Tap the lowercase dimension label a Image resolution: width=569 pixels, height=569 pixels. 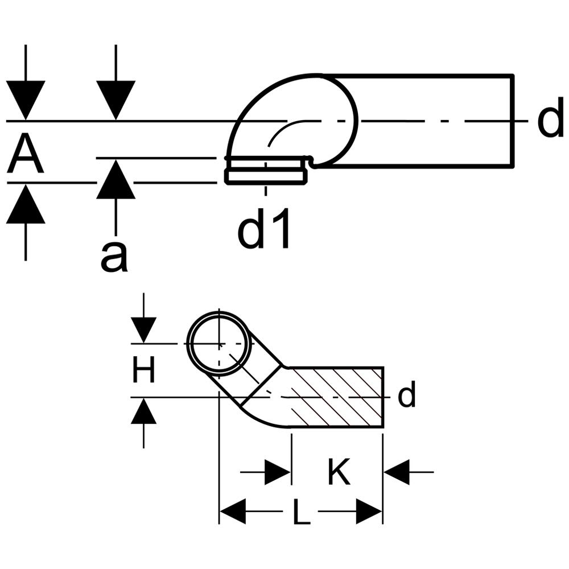point(114,257)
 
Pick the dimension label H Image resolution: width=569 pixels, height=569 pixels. point(143,371)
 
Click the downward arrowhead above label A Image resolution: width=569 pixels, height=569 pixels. point(26,100)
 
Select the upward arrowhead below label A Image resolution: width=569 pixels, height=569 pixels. point(26,204)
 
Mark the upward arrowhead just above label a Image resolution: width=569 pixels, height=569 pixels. point(116,179)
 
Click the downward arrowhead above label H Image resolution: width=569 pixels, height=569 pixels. point(143,330)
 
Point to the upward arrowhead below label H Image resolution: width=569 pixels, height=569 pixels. point(143,411)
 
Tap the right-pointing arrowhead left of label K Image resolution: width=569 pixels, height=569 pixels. point(277,472)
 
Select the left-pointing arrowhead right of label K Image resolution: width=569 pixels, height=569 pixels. point(397,472)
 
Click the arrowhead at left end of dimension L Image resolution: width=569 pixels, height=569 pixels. point(232,512)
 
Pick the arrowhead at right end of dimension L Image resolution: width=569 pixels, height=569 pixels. point(369,512)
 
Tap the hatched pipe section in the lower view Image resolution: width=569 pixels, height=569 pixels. point(336,397)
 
